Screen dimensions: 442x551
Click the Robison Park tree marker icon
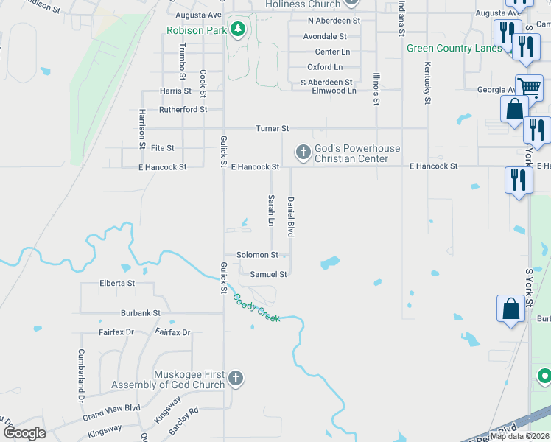(x=237, y=30)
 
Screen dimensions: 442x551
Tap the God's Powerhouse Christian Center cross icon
(x=302, y=153)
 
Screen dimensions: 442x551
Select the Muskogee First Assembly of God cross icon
(x=235, y=379)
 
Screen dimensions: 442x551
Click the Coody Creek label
(x=256, y=308)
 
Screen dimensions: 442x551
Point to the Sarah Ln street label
(x=271, y=211)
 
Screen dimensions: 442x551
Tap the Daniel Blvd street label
(x=291, y=217)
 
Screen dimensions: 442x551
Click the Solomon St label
(x=257, y=255)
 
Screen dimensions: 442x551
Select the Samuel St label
(x=267, y=274)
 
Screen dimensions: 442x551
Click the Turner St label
(x=272, y=128)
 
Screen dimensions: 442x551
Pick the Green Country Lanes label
(x=455, y=49)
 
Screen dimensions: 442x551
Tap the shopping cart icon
(x=530, y=88)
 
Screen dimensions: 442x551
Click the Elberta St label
(x=117, y=283)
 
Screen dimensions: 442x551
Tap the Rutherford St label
(x=183, y=110)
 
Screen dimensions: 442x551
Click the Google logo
(x=24, y=432)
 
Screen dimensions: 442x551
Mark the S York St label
(x=529, y=288)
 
